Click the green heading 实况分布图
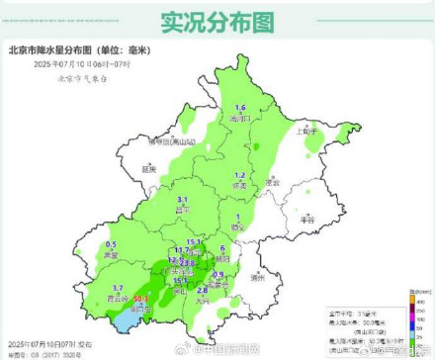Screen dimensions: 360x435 click(x=217, y=19)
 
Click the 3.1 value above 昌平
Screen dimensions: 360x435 click(x=182, y=199)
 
